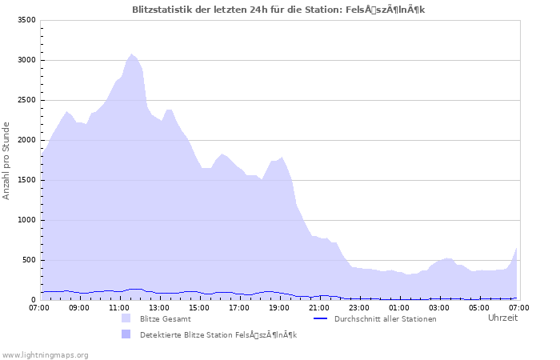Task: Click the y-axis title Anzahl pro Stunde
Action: click(x=6, y=160)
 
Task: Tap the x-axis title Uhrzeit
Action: click(x=502, y=318)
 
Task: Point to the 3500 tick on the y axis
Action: click(x=26, y=20)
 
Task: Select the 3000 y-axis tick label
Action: click(x=26, y=60)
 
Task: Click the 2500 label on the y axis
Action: click(x=26, y=100)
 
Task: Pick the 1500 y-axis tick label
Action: click(x=26, y=180)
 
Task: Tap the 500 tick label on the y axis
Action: click(x=29, y=260)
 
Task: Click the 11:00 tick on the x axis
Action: click(x=119, y=307)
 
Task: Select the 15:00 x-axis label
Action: click(x=199, y=307)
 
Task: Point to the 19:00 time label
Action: click(x=279, y=307)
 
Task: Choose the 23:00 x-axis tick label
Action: click(x=359, y=307)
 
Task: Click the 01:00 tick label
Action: click(x=399, y=307)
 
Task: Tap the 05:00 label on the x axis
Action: click(x=479, y=307)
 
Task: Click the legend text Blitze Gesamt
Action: click(x=165, y=318)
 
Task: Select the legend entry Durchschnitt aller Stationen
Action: click(x=385, y=318)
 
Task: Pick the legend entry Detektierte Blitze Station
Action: click(x=218, y=334)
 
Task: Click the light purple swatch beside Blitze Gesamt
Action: click(x=126, y=318)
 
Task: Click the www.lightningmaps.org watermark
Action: click(x=45, y=354)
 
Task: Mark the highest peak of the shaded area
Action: click(x=131, y=54)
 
